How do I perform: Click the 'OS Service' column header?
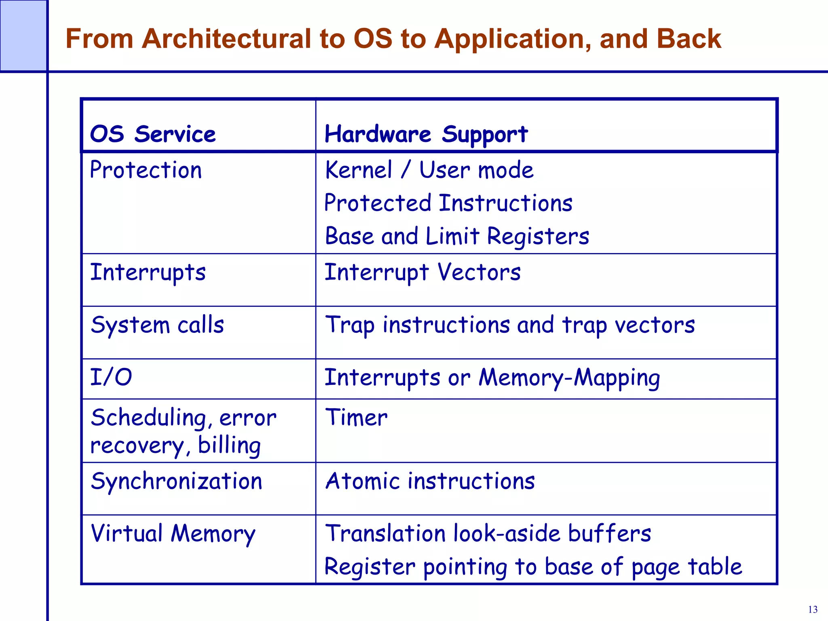(x=153, y=134)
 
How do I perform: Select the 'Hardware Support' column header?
(x=426, y=134)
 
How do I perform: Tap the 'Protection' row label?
(x=146, y=170)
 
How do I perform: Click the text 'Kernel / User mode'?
(x=429, y=170)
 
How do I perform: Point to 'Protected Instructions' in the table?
(x=448, y=203)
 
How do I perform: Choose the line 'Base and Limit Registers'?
(x=457, y=236)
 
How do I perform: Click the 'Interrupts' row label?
(x=148, y=272)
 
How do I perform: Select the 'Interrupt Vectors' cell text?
(x=422, y=272)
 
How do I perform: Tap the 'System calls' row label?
(x=157, y=325)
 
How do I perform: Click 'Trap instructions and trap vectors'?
(x=510, y=325)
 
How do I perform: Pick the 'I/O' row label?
(x=111, y=377)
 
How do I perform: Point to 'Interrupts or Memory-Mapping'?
(x=492, y=378)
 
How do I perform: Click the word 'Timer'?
(x=356, y=417)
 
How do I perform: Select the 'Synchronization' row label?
(x=177, y=481)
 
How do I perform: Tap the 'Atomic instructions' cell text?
(x=430, y=481)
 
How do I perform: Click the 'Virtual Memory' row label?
(x=173, y=533)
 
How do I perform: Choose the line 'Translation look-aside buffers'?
(x=488, y=533)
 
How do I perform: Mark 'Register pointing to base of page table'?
(x=533, y=566)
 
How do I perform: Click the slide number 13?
(x=813, y=610)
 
